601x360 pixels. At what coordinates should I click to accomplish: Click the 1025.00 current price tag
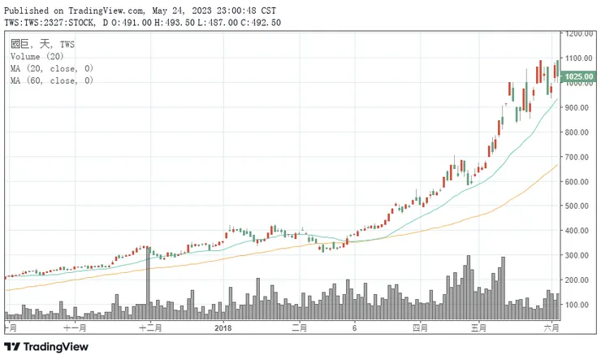[x=579, y=77]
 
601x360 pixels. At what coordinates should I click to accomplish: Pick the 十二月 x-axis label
[x=150, y=328]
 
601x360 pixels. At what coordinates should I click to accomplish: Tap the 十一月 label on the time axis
[x=75, y=328]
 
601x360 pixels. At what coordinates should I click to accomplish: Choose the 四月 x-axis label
[x=420, y=328]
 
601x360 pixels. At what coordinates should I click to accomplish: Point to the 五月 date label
[x=479, y=328]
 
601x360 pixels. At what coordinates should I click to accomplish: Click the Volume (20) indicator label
[x=37, y=57]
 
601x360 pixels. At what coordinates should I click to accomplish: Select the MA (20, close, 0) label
[x=51, y=69]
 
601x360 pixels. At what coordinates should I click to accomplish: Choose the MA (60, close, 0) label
[x=51, y=81]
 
